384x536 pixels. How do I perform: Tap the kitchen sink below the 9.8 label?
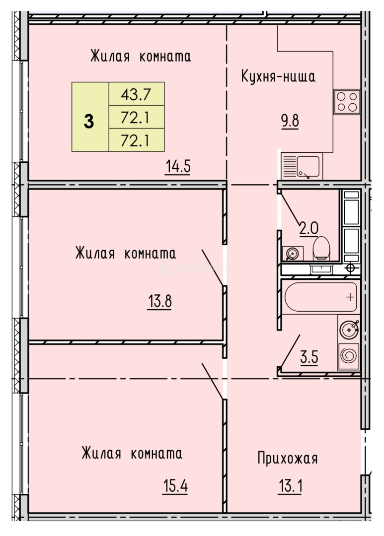[x=302, y=166]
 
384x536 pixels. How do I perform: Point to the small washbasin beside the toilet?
[x=292, y=254]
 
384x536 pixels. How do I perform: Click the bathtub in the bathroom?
[x=321, y=297]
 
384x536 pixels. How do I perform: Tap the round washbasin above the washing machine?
[x=348, y=328]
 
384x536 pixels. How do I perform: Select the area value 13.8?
[x=159, y=301]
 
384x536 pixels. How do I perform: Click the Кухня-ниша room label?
[x=278, y=77]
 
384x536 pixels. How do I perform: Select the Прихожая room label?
[x=287, y=458]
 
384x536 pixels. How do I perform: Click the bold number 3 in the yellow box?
[x=89, y=121]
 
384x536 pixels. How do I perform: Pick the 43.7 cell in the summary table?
[x=136, y=93]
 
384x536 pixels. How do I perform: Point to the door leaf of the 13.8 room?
[x=212, y=267]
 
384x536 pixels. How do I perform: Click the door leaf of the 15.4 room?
[x=212, y=380]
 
